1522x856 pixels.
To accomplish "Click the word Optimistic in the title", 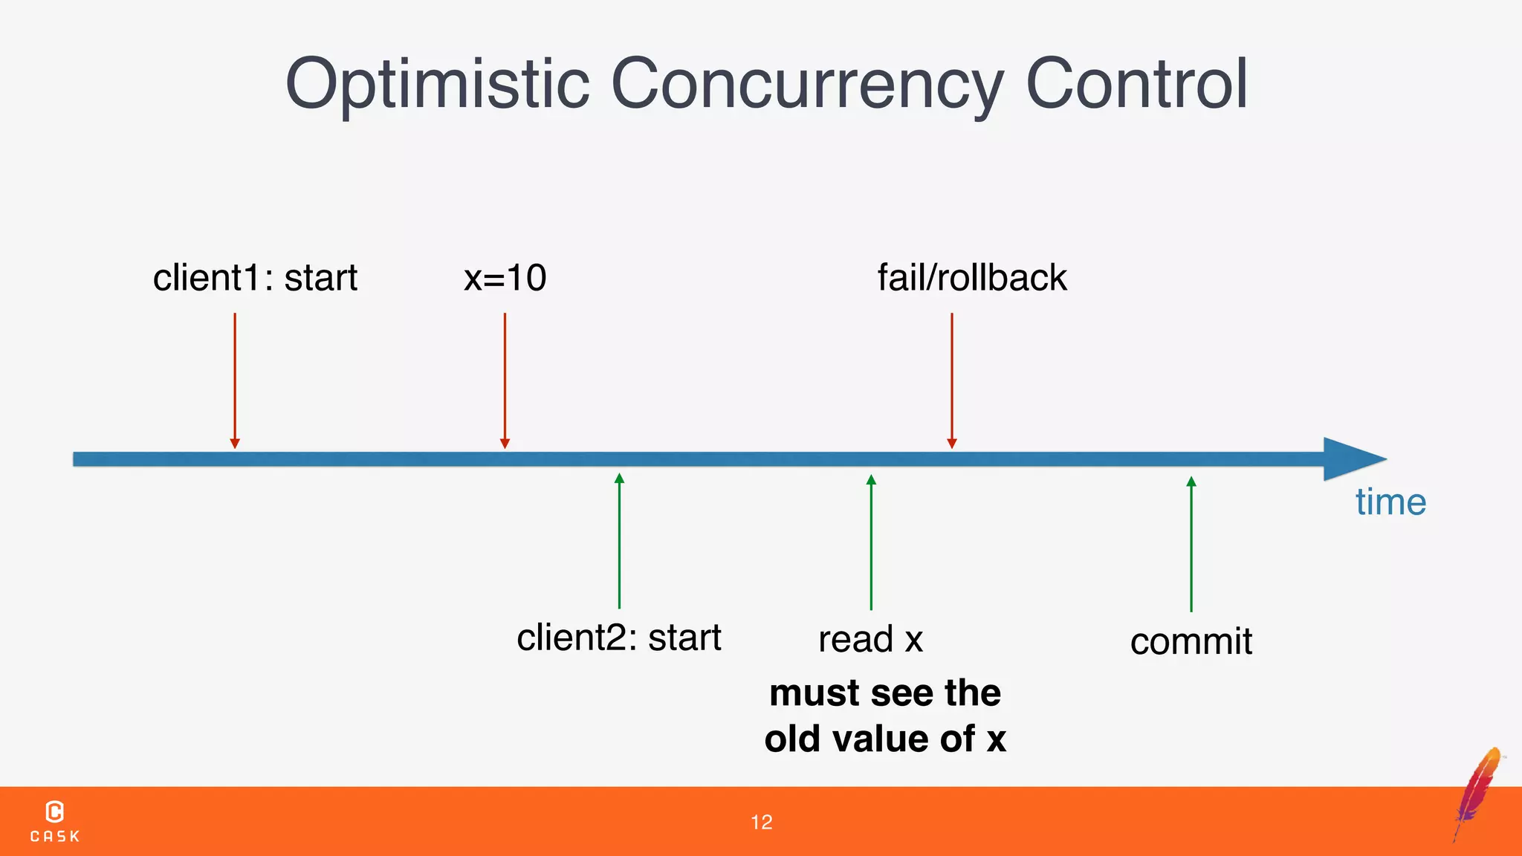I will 437,85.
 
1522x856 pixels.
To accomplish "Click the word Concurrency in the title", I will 807,85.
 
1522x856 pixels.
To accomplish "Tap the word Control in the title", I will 1136,83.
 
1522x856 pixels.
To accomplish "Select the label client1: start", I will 255,278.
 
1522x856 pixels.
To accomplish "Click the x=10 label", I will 505,278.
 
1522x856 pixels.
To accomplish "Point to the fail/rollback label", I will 972,278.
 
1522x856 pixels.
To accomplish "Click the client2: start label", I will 618,638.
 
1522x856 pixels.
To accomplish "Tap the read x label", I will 870,639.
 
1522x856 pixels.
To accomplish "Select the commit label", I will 1191,641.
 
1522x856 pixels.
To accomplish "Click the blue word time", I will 1390,502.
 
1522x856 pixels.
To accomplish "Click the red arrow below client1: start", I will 235,379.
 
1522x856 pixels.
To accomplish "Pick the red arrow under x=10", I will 505,379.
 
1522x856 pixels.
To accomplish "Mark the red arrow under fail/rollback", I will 952,379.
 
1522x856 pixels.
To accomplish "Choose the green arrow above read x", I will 871,542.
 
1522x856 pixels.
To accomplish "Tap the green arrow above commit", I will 1191,544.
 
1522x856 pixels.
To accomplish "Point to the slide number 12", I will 761,823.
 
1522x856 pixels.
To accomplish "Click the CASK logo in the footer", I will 55,821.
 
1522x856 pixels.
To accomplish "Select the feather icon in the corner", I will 1479,792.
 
